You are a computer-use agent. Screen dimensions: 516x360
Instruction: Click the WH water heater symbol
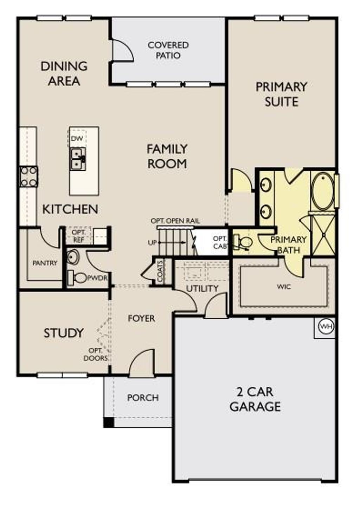point(326,327)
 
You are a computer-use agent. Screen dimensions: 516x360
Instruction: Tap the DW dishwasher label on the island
point(77,139)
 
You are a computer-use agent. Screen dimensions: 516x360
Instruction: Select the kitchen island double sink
point(78,159)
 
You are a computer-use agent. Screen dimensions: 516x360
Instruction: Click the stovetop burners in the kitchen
point(28,177)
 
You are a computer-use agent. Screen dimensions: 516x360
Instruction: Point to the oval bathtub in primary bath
point(322,191)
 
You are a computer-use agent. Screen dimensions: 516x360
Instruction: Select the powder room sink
point(73,257)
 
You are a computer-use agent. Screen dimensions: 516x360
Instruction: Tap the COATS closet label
point(160,271)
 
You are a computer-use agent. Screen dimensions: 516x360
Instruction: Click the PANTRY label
point(45,263)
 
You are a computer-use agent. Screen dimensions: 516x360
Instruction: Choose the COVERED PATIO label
point(168,50)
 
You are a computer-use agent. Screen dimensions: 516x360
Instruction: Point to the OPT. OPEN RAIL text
point(175,221)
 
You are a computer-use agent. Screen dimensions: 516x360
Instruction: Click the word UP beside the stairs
point(152,243)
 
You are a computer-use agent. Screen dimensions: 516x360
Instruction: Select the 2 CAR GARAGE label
point(255,399)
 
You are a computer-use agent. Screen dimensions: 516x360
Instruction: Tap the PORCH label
point(143,398)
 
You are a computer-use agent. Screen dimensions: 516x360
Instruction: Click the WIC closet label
point(284,287)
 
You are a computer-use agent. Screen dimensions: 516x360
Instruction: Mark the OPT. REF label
point(78,236)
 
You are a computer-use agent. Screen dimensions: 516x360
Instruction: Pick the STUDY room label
point(64,333)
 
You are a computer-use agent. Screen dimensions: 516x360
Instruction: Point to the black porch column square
point(109,422)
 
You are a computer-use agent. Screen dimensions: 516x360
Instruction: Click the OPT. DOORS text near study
point(96,354)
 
